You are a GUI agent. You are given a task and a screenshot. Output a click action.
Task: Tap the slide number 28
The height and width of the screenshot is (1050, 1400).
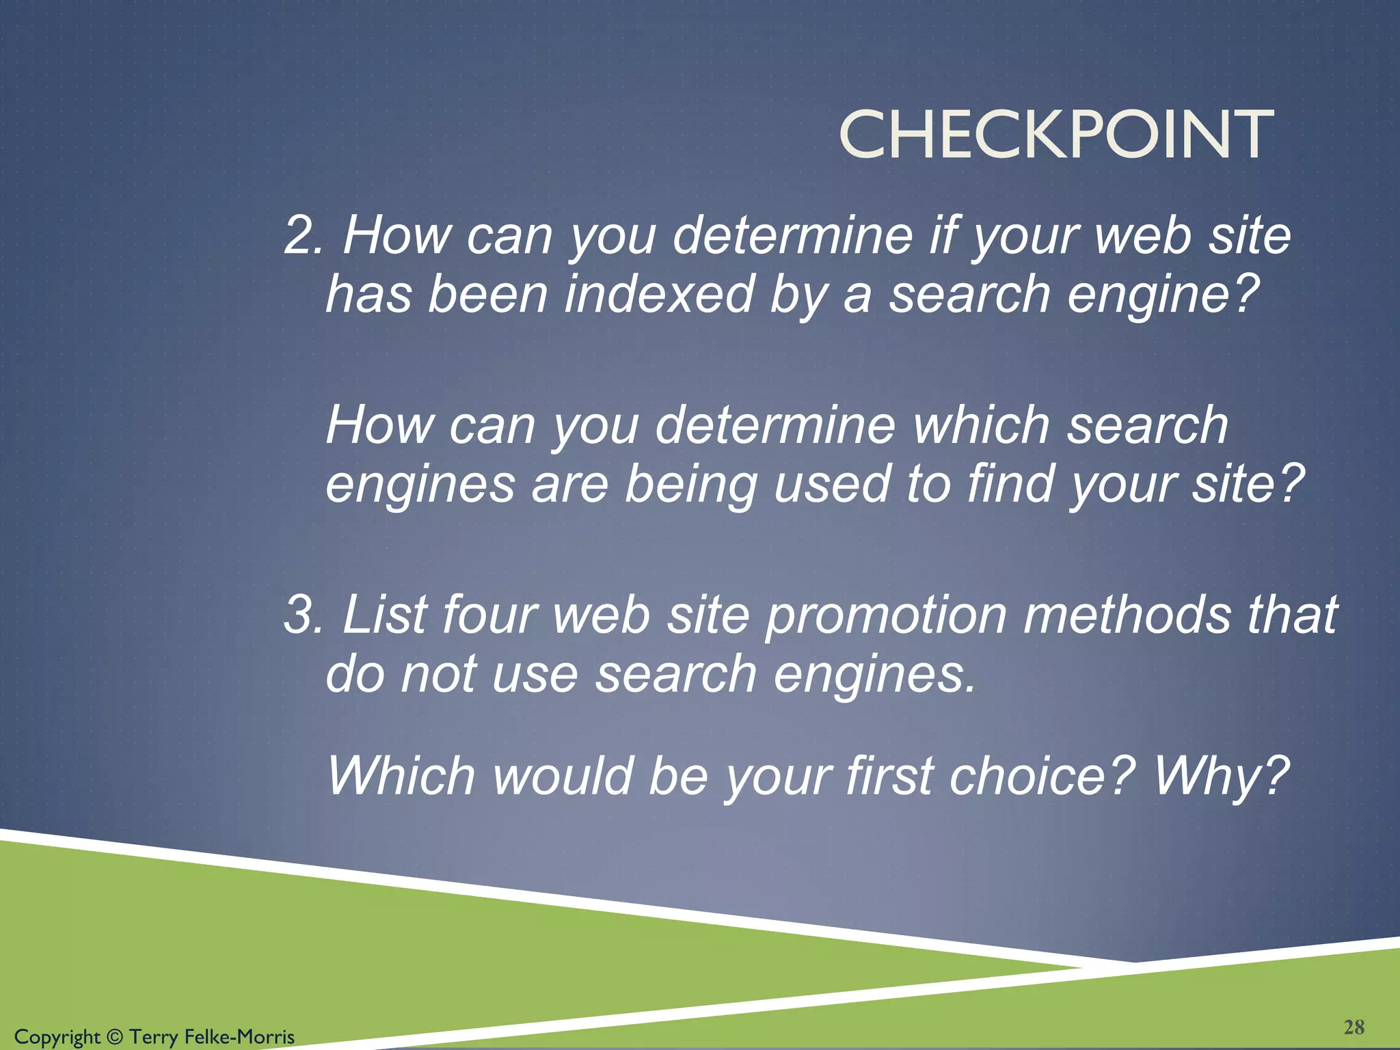(x=1354, y=1027)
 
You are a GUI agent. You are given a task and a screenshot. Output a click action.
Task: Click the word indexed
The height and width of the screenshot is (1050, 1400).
(x=659, y=294)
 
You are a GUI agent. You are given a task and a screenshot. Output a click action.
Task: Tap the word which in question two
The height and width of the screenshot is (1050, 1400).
(x=981, y=425)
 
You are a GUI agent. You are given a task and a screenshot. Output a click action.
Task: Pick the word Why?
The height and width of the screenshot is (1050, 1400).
(x=1221, y=776)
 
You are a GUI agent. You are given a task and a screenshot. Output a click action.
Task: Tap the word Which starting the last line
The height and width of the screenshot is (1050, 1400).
(x=401, y=776)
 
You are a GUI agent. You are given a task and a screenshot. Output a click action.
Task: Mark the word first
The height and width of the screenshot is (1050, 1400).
(x=889, y=776)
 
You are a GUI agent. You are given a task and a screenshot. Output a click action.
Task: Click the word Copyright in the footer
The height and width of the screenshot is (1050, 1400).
(x=57, y=1037)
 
